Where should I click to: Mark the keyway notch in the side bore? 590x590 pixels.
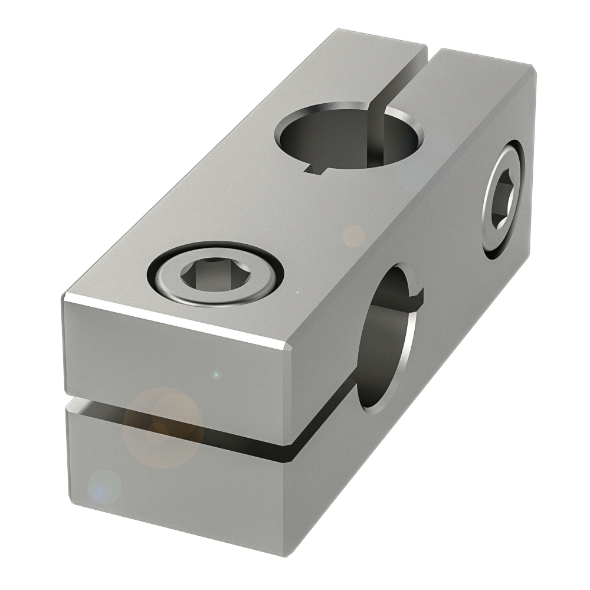419,294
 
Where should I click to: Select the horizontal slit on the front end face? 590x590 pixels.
177,421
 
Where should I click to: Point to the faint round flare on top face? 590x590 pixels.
353,236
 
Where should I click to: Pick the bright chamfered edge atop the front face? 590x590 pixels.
177,321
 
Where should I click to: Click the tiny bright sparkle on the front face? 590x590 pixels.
216,374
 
